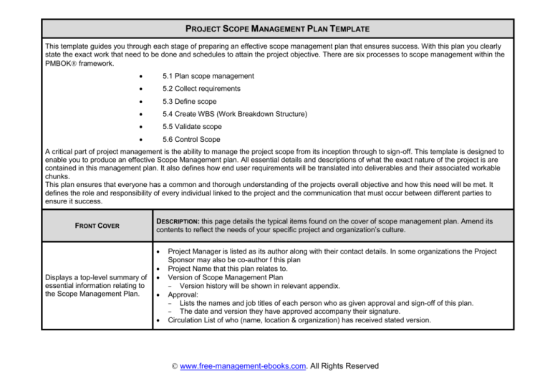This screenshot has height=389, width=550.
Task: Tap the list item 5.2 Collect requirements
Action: pos(201,89)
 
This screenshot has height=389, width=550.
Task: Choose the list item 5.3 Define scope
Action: pos(190,101)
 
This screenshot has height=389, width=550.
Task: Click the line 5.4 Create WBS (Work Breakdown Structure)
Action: pos(234,114)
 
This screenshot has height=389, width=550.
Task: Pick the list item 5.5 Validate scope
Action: pos(192,127)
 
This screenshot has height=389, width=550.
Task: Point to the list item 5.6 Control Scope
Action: pos(191,139)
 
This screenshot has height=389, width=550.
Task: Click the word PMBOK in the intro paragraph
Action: pos(62,63)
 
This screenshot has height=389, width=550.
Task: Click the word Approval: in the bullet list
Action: pos(185,294)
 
